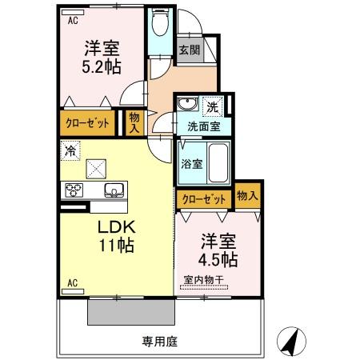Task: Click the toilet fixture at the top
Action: (x=158, y=25)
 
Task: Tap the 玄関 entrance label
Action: (x=188, y=50)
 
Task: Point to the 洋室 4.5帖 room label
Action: (x=218, y=249)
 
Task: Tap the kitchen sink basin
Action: (x=114, y=190)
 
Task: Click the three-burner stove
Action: (x=74, y=190)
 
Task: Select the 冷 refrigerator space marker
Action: (x=71, y=150)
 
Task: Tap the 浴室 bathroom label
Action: (x=191, y=164)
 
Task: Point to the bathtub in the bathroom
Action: (x=218, y=164)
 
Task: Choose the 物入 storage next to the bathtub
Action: (x=247, y=195)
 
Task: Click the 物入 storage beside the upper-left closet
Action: (x=134, y=122)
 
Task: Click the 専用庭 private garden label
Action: (x=160, y=340)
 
